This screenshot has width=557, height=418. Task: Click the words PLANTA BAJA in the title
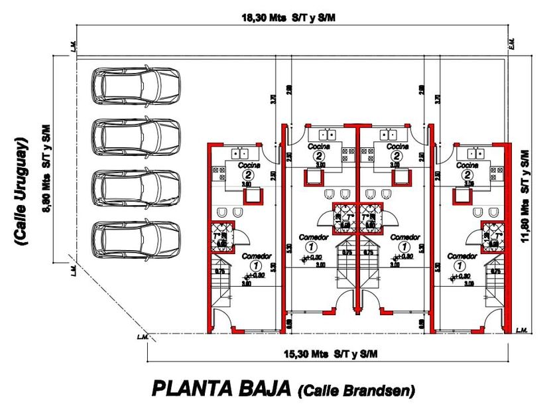[x=221, y=388]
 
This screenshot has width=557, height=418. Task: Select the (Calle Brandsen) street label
[x=357, y=391]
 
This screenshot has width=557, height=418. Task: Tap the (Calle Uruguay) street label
[x=23, y=192]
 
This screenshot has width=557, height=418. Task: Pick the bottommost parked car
[x=136, y=239]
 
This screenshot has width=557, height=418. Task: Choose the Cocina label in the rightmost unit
[x=467, y=165]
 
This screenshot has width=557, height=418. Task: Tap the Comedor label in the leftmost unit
[x=256, y=255]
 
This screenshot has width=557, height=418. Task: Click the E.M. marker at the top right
[x=511, y=43]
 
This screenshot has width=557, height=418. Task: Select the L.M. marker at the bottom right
[x=521, y=330]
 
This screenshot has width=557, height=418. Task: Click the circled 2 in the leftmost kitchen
[x=248, y=174]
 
